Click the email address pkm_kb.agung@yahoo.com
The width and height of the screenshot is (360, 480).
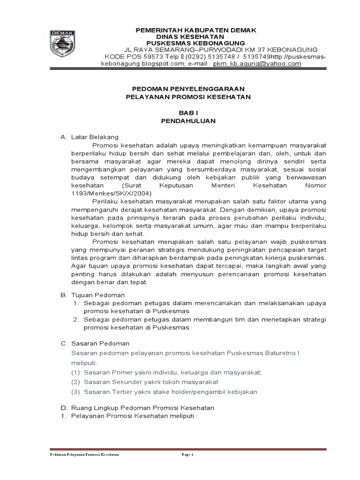coord(257,64)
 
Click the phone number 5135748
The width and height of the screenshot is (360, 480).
coord(223,57)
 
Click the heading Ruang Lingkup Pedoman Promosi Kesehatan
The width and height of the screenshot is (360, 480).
coord(142,407)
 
